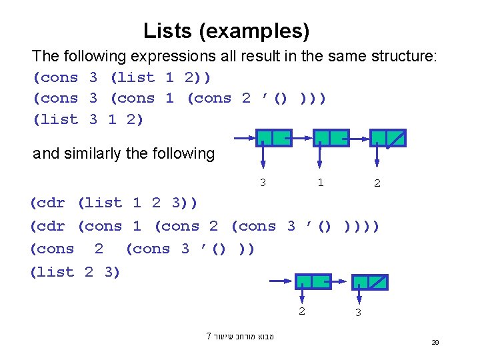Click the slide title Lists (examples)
pyautogui.click(x=226, y=31)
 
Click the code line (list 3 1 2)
pyautogui.click(x=88, y=119)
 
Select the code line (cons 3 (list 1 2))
pyautogui.click(x=122, y=77)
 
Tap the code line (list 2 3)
pyautogui.click(x=75, y=271)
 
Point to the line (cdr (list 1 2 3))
pyautogui.click(x=114, y=203)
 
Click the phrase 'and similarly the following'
pyautogui.click(x=124, y=154)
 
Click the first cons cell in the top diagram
pyautogui.click(x=274, y=138)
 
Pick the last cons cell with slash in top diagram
pyautogui.click(x=388, y=138)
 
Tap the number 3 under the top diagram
pyautogui.click(x=263, y=182)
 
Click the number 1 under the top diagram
pyautogui.click(x=321, y=182)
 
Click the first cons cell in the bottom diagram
pyautogui.click(x=313, y=281)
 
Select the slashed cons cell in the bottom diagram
pyautogui.click(x=370, y=281)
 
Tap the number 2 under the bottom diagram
pyautogui.click(x=301, y=311)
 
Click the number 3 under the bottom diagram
pyautogui.click(x=358, y=312)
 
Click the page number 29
pyautogui.click(x=435, y=342)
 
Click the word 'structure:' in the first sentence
pyautogui.click(x=405, y=56)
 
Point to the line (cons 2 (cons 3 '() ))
pyautogui.click(x=142, y=249)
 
